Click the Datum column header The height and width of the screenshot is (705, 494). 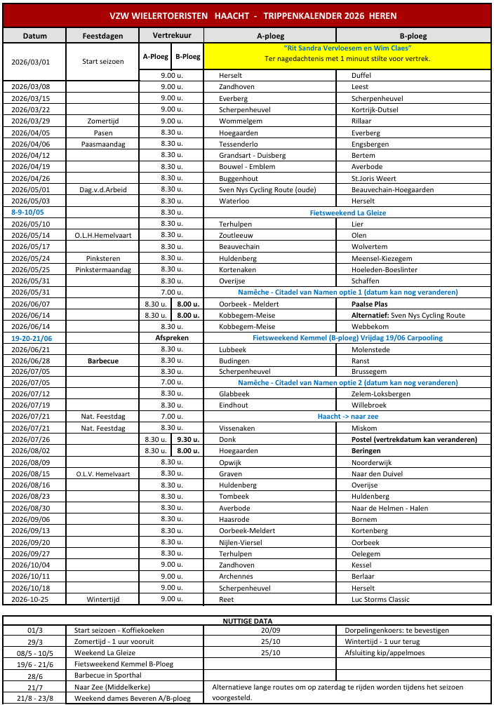34,36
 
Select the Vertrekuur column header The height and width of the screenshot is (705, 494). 172,36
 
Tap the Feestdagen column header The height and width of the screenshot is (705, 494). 102,36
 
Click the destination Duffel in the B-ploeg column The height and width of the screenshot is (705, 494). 361,75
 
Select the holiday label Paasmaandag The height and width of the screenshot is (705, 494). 102,144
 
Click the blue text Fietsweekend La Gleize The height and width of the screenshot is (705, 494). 347,213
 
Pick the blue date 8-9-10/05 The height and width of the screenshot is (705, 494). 27,212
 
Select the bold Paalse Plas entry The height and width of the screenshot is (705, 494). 369,304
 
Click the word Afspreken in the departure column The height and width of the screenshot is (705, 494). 172,337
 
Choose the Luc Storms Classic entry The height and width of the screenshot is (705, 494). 380,599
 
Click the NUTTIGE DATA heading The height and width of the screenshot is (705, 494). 247,621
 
